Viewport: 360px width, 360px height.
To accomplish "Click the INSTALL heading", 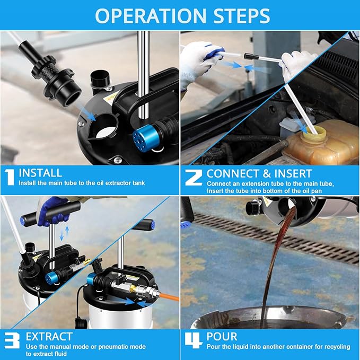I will click(x=40, y=173).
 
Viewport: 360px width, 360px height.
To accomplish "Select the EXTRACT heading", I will click(x=49, y=337).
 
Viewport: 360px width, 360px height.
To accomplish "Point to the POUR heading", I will click(x=223, y=337).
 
